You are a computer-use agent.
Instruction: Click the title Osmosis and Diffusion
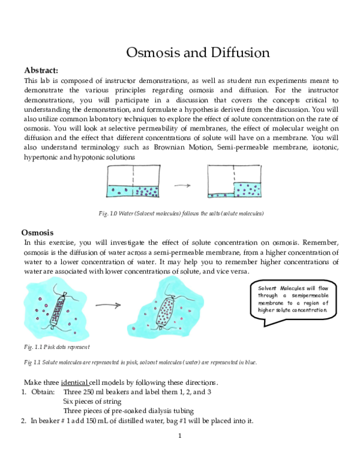(x=197, y=52)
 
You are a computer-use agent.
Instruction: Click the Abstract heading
(x=41, y=70)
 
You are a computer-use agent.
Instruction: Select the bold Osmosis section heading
(x=38, y=232)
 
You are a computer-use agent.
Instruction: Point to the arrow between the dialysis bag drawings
(x=109, y=304)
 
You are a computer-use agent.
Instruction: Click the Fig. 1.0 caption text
(x=181, y=213)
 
